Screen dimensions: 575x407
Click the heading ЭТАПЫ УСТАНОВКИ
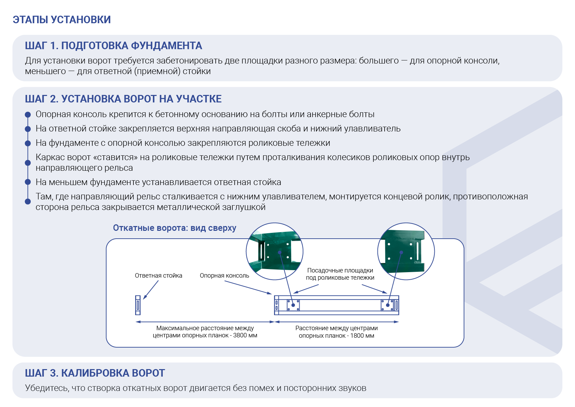[62, 20]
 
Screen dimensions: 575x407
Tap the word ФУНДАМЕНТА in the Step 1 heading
[167, 46]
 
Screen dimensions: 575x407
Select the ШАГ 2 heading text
[123, 99]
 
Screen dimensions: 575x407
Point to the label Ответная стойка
[158, 276]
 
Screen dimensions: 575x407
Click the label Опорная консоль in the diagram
[224, 276]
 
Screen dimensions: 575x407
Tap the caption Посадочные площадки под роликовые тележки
[340, 274]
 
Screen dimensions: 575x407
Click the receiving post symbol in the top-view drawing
[138, 305]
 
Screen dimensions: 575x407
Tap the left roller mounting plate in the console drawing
[293, 305]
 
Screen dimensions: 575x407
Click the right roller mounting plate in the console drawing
[387, 305]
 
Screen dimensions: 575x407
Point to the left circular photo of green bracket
[275, 251]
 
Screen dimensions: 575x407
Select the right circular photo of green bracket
[406, 251]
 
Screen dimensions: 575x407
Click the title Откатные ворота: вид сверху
[175, 228]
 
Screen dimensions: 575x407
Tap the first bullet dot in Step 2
[28, 114]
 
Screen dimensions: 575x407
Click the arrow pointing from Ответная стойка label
[151, 290]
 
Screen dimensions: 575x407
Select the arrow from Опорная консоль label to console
[248, 287]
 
